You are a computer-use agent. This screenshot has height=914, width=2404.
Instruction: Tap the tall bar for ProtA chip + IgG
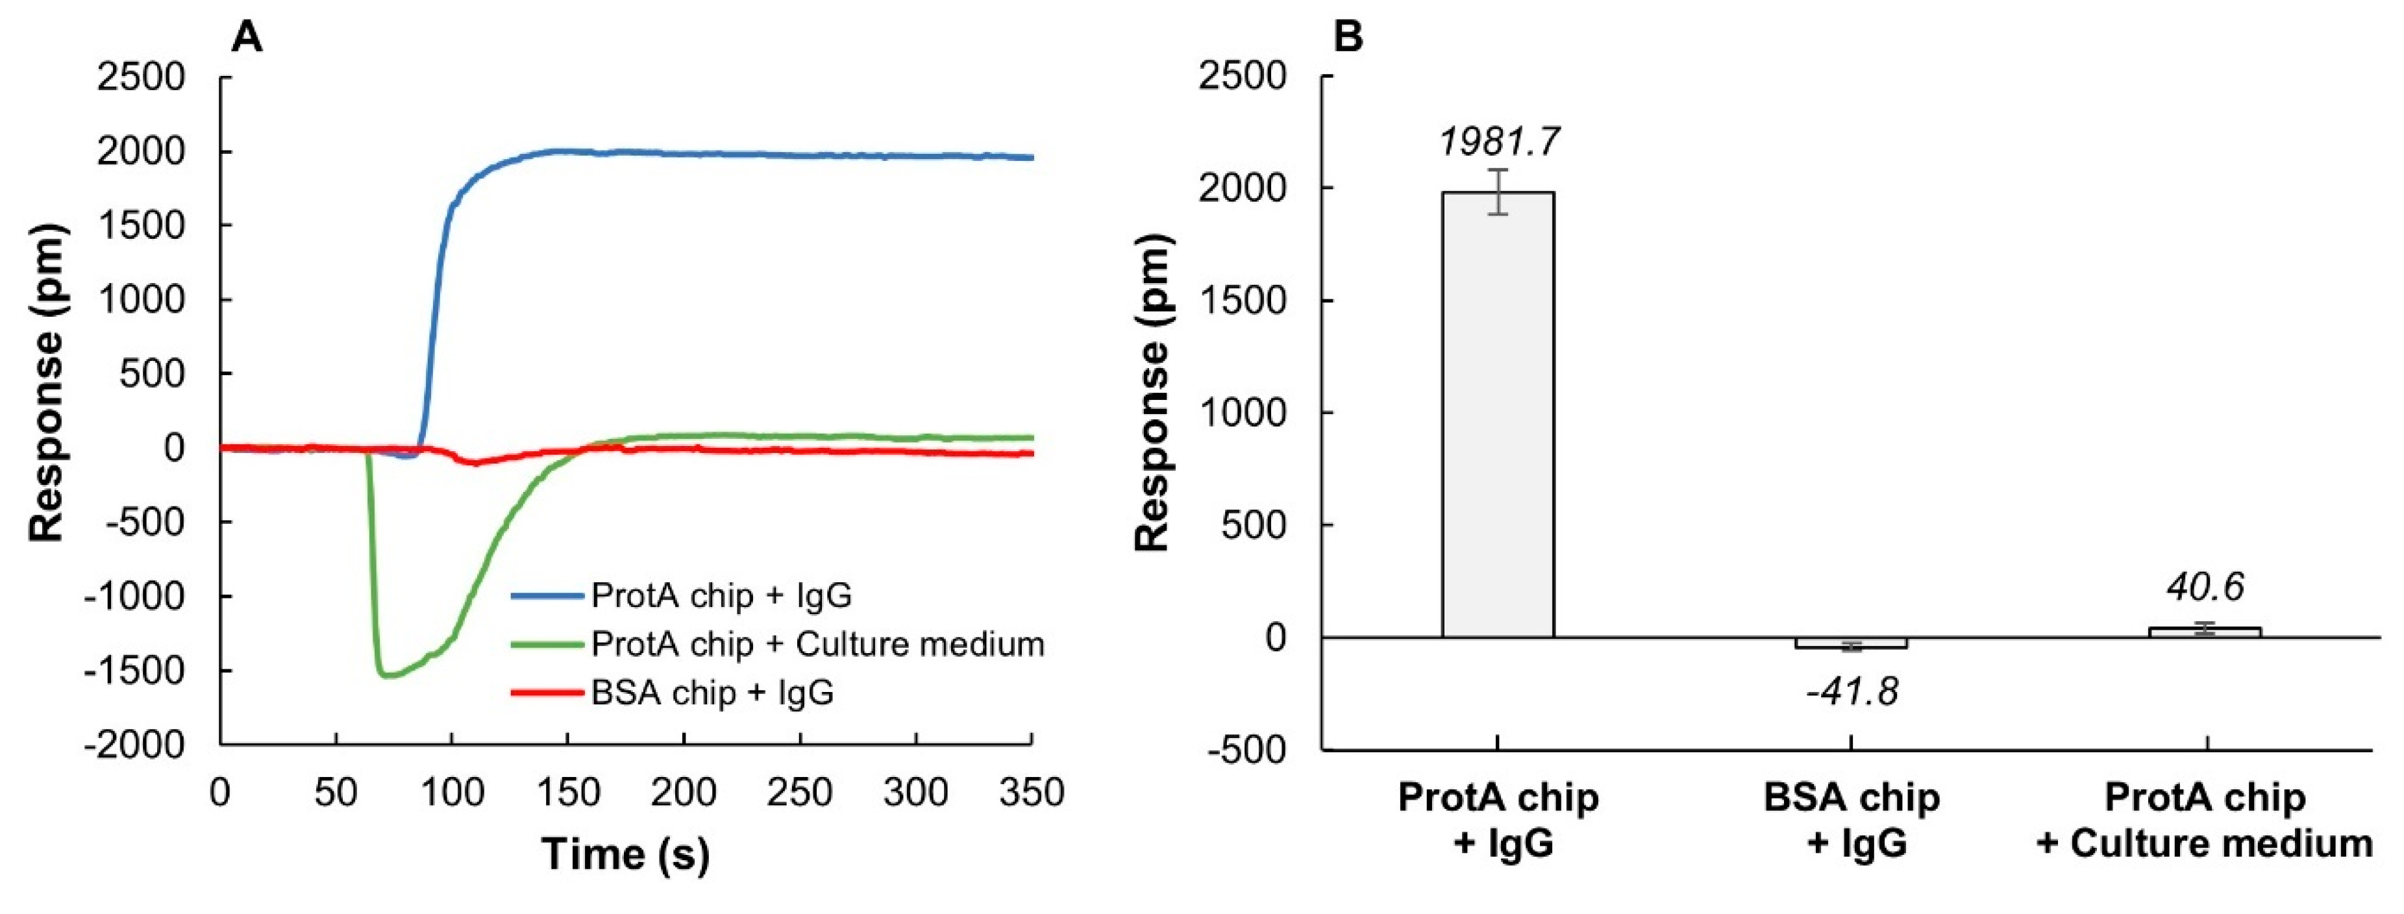(1498, 415)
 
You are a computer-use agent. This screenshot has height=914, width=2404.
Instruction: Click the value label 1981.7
(1499, 142)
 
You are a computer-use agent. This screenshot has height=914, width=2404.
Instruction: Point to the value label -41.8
(1852, 692)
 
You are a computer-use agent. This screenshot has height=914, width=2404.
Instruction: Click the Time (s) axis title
(625, 854)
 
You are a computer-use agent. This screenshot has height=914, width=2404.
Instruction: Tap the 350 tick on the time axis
(1031, 793)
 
